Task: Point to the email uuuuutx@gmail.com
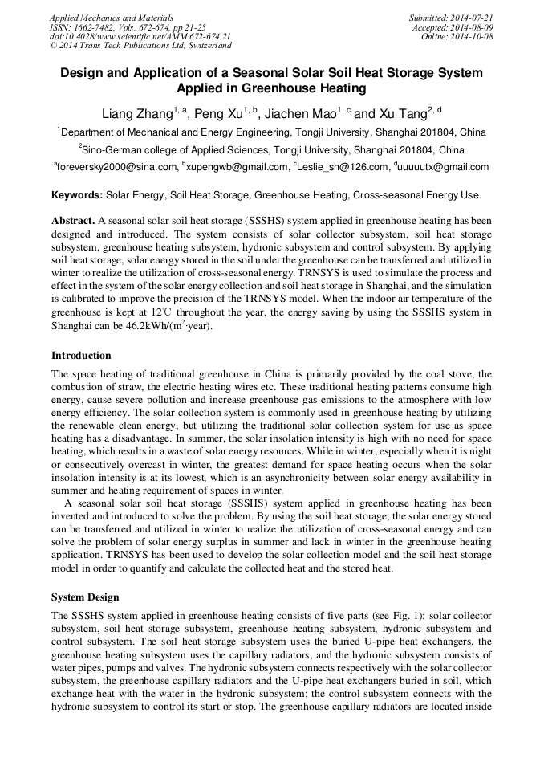(x=443, y=167)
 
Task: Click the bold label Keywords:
(x=77, y=195)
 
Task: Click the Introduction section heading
(x=81, y=355)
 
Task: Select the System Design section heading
(x=85, y=597)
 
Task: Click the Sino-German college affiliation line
(x=271, y=149)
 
